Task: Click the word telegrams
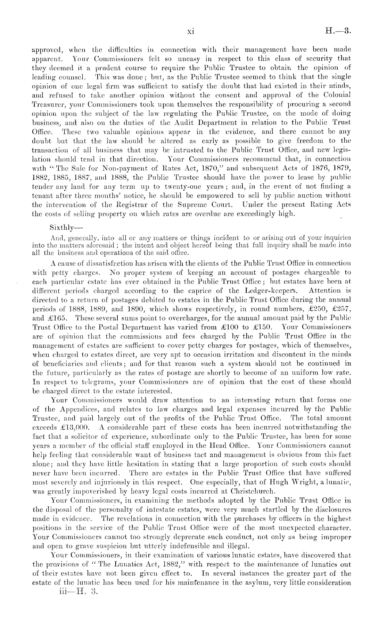(89, 381)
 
